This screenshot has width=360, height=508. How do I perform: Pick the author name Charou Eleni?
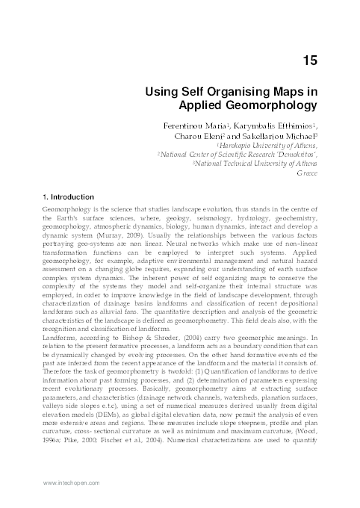204,137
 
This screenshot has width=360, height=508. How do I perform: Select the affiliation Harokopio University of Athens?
276,147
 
